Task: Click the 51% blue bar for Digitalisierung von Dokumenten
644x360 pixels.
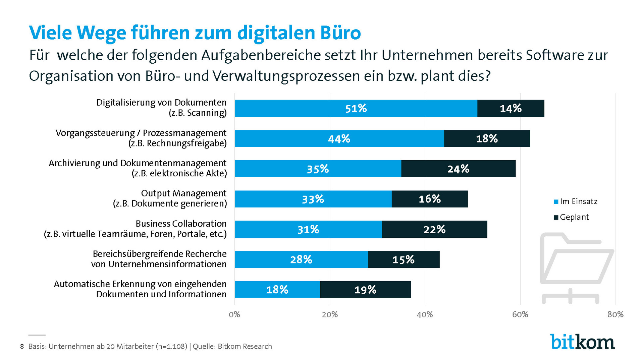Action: [356, 108]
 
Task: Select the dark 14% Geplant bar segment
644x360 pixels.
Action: [511, 108]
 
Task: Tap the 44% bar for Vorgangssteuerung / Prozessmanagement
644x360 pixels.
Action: [339, 138]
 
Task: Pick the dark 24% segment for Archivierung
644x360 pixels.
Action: [458, 169]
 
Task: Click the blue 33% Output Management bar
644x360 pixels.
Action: [313, 199]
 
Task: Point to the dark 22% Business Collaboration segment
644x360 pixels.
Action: [434, 229]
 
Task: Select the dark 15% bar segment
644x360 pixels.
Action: [404, 259]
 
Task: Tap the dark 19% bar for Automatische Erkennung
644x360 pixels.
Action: [365, 290]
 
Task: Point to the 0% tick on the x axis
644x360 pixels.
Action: [234, 314]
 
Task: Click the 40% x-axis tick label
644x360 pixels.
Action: [425, 314]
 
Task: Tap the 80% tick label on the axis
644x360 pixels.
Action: [615, 314]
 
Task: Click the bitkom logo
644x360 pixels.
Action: [582, 342]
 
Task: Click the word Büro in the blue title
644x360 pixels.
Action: [340, 33]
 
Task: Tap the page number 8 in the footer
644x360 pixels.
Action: [22, 346]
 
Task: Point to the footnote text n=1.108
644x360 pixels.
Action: [171, 346]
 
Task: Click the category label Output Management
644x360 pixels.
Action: [183, 193]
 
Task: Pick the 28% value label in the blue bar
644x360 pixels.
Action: [301, 259]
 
